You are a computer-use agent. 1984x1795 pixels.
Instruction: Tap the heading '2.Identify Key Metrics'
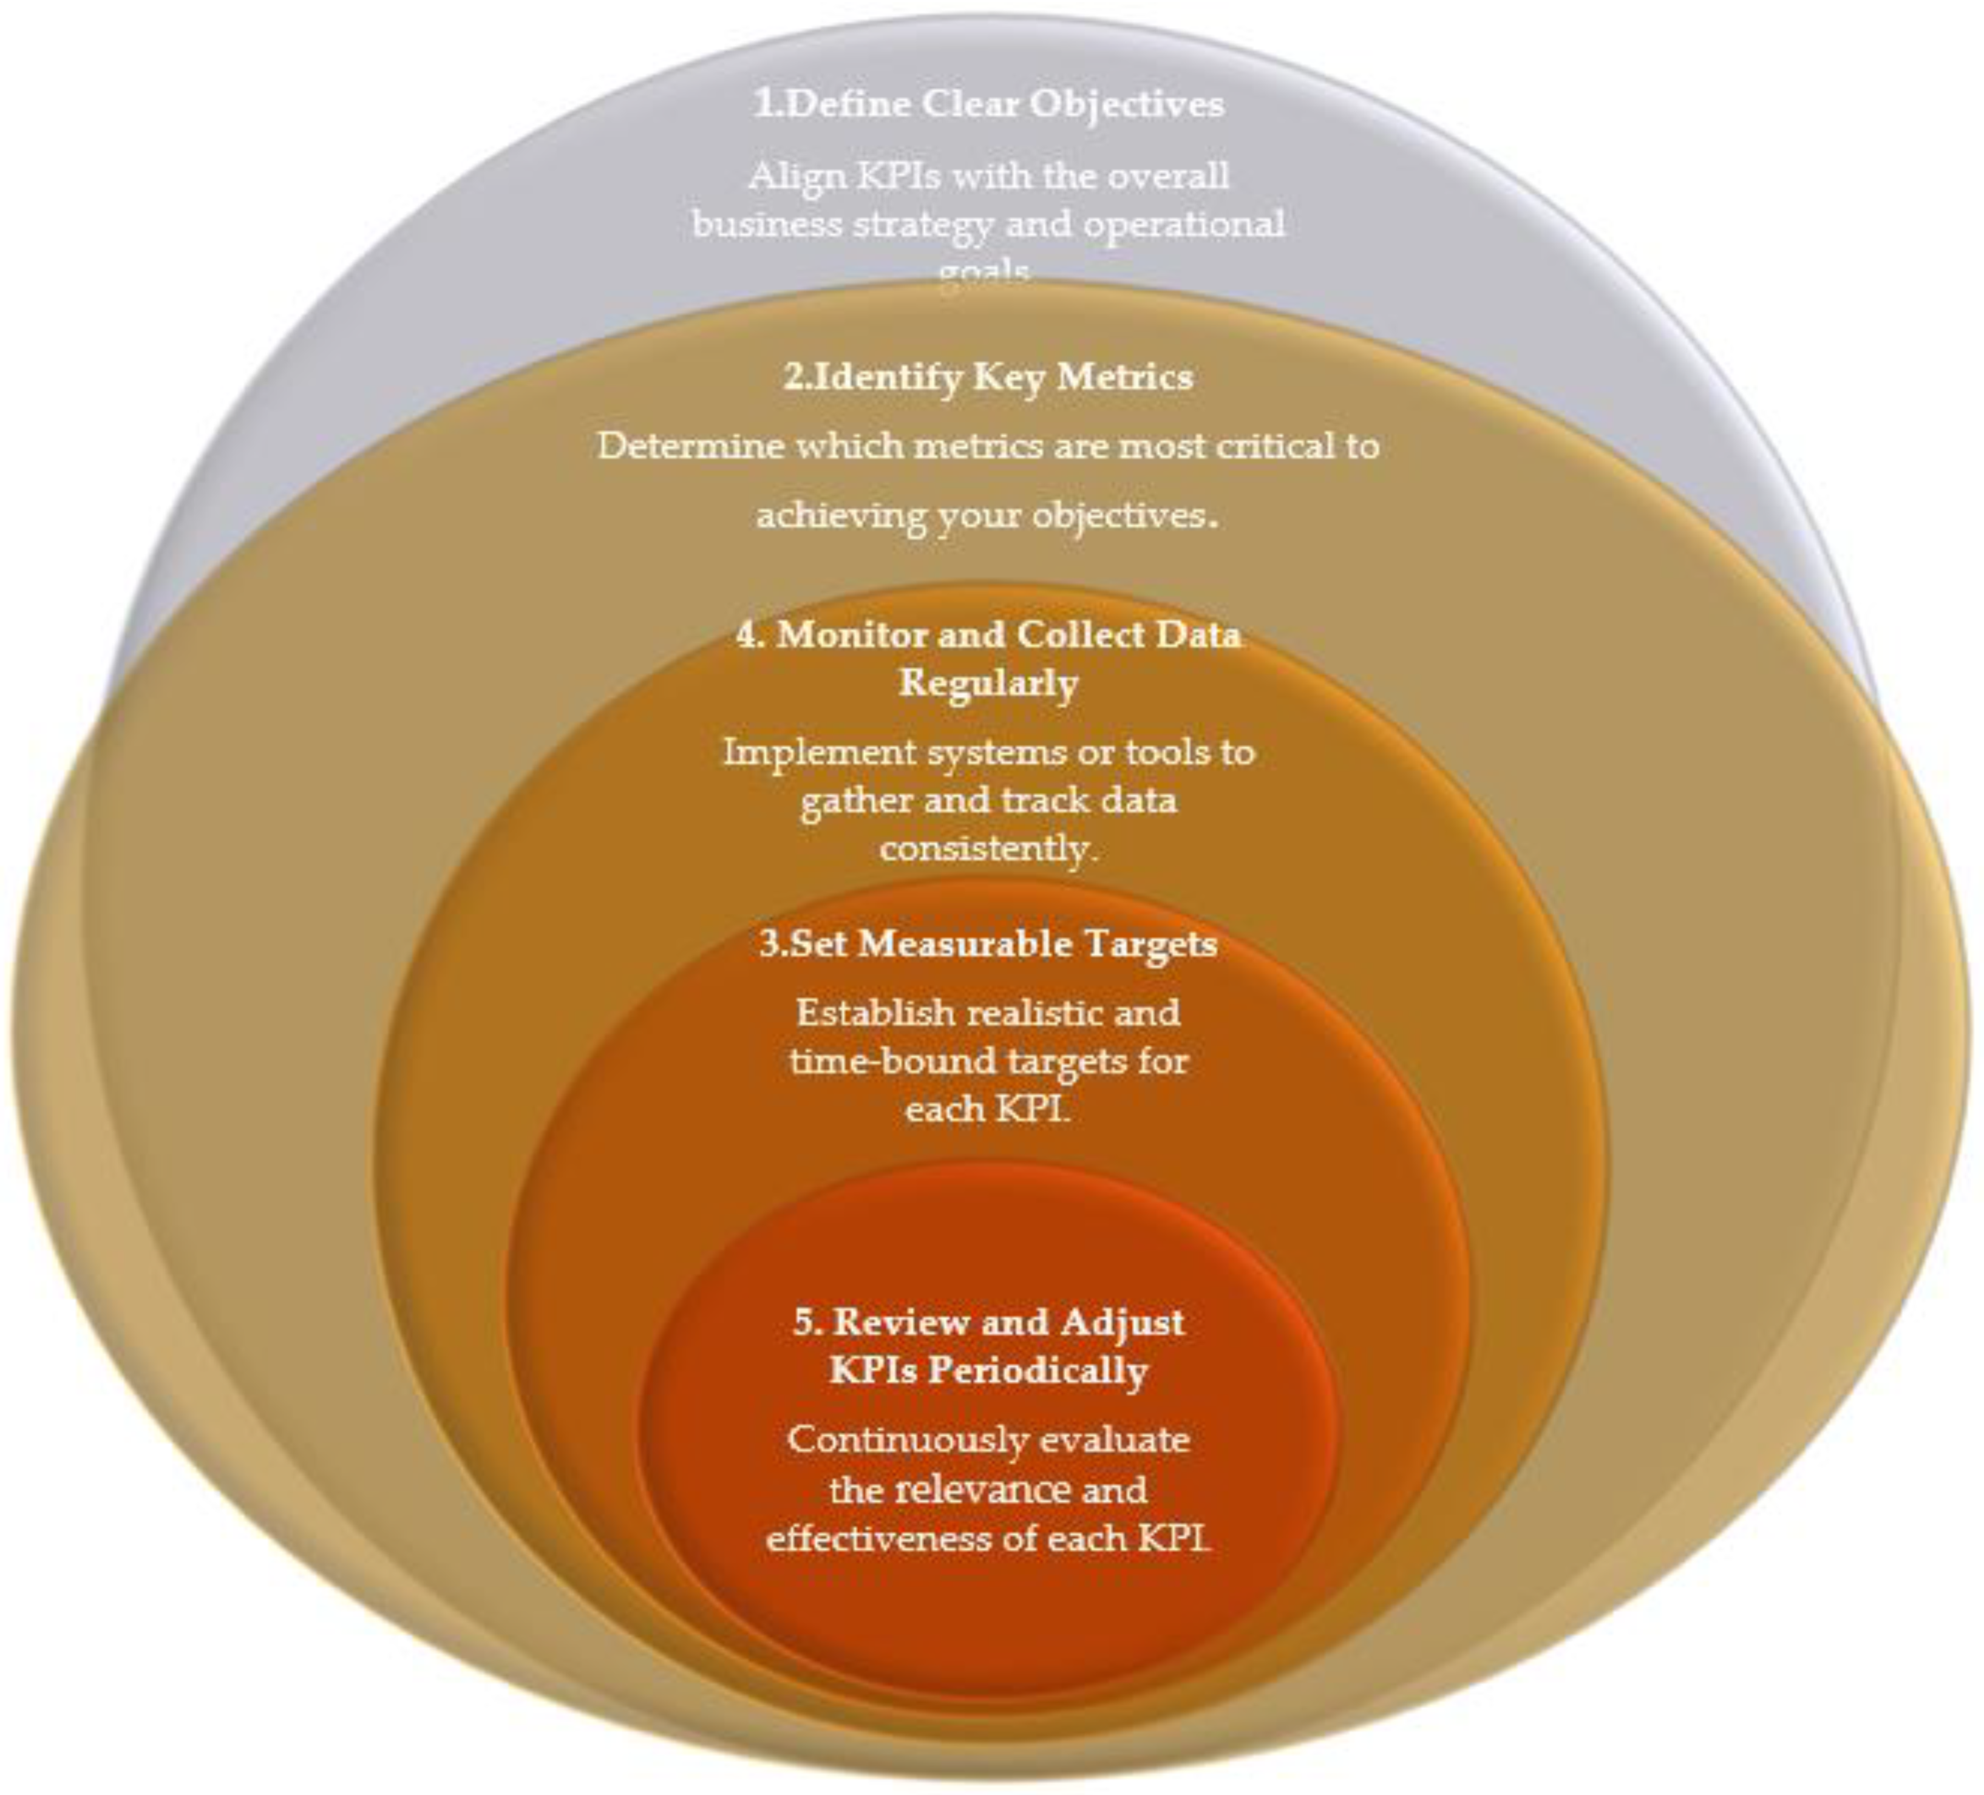tap(988, 377)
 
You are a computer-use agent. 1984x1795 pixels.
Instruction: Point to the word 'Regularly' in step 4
tap(988, 683)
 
